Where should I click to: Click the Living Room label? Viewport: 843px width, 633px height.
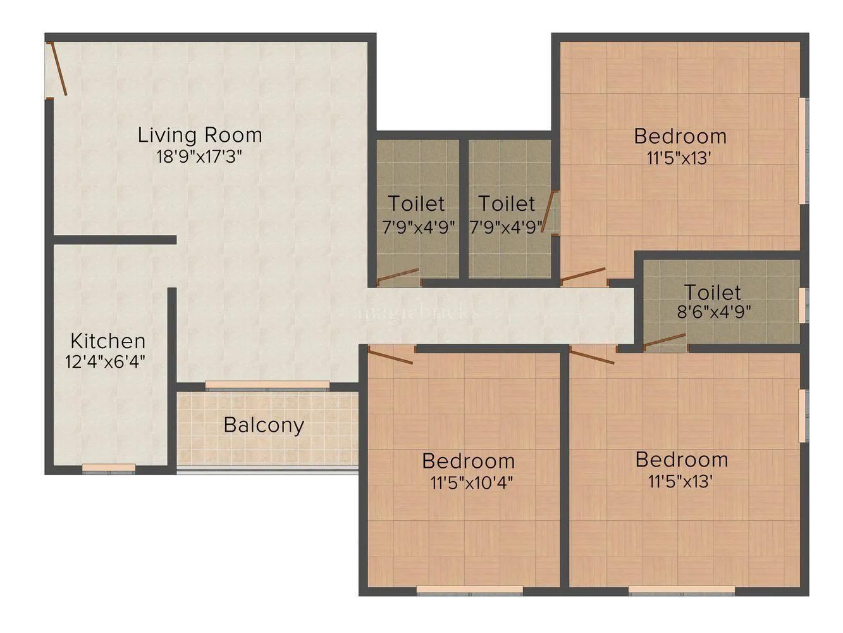coord(200,135)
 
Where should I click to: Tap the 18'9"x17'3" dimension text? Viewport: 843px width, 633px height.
coord(200,156)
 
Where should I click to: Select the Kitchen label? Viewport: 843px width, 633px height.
coord(108,341)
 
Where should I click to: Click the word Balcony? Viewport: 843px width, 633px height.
coord(264,425)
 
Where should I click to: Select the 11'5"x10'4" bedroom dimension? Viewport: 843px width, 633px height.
coord(471,483)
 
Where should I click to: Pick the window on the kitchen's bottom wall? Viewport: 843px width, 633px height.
coord(109,468)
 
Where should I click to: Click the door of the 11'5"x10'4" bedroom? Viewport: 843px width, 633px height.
coord(390,355)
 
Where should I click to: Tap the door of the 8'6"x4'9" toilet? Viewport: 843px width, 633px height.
coord(665,342)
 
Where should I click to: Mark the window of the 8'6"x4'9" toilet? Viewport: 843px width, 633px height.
coord(803,305)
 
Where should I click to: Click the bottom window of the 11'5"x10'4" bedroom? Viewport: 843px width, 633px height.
coord(469,591)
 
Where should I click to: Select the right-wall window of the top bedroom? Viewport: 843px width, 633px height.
coord(803,151)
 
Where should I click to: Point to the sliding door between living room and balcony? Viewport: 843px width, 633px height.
coord(267,385)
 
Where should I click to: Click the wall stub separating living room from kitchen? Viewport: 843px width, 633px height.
coord(114,240)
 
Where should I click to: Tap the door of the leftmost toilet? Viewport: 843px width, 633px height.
coord(398,276)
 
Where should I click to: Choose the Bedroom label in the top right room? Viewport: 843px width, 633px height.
coord(680,136)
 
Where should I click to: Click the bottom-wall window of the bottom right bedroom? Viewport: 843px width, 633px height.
coord(682,591)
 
